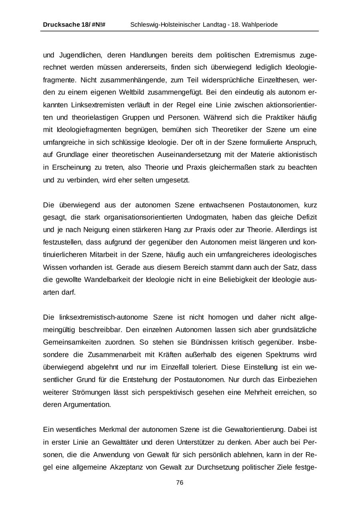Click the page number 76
point(180,483)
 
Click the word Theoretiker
point(226,130)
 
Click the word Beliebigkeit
point(238,279)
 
